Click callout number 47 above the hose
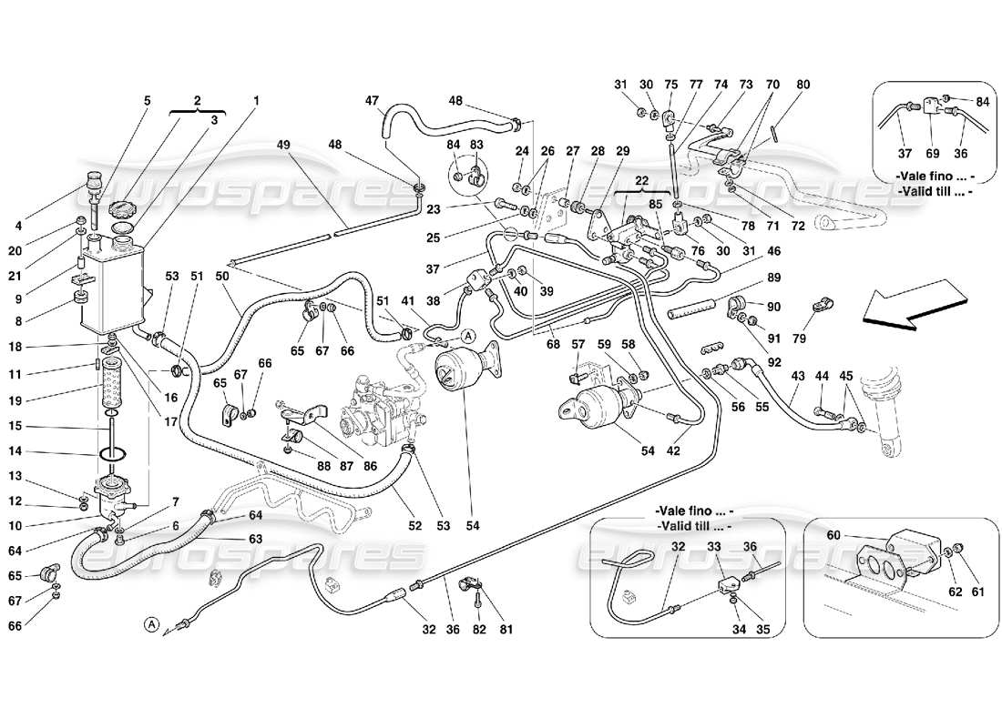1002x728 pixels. coord(372,100)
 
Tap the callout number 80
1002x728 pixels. coord(803,85)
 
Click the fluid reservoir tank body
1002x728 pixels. coord(113,287)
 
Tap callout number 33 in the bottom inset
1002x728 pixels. coord(715,548)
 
